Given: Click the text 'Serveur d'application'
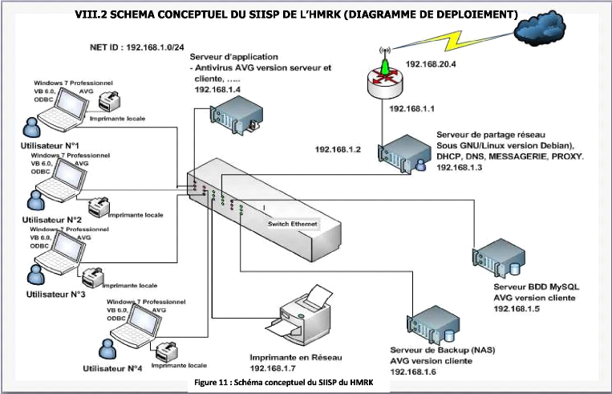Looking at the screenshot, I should coord(233,57).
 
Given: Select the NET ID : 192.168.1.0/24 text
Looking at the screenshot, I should coord(133,47).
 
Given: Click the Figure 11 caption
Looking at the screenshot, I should coord(290,383).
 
